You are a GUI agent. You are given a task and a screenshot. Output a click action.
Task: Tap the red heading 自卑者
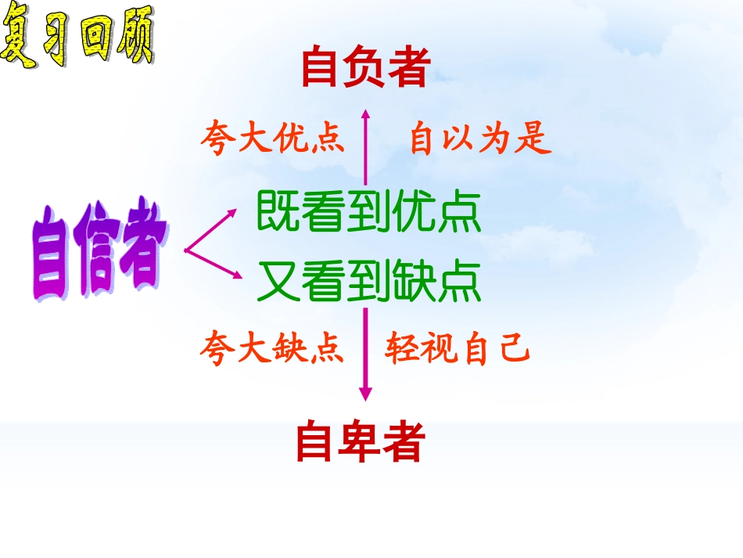click(360, 442)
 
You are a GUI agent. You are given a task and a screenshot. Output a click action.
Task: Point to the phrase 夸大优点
click(272, 139)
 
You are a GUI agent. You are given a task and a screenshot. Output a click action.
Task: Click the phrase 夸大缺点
click(271, 348)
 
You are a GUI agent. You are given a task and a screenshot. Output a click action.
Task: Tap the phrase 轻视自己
click(458, 349)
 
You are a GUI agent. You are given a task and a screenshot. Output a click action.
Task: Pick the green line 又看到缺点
click(368, 283)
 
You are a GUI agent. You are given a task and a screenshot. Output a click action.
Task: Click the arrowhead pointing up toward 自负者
click(365, 115)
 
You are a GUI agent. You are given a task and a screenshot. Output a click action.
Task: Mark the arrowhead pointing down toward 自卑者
click(365, 394)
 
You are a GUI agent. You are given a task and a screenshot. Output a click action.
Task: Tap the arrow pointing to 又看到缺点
click(234, 273)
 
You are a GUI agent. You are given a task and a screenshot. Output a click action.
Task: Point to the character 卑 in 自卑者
click(360, 442)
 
